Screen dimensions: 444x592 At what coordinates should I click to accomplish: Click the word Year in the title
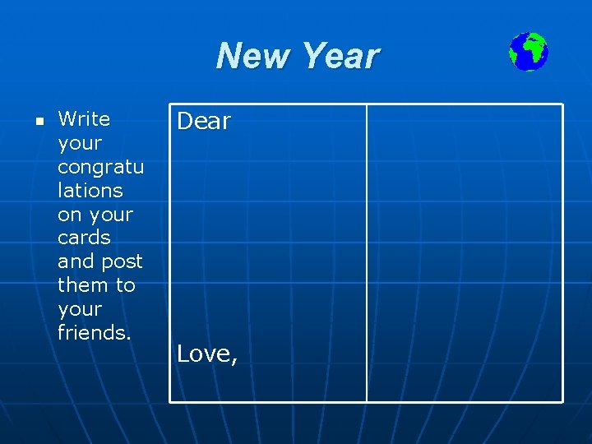coord(340,57)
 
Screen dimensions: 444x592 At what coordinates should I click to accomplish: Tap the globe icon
coord(528,52)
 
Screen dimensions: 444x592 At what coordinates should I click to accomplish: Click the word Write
coord(84,119)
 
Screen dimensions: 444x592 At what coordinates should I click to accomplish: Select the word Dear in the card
coord(204,122)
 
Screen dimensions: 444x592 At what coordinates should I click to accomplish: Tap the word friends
coord(95,333)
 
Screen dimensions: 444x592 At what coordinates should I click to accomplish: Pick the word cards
coord(84,238)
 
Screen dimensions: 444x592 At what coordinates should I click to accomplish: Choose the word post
coord(123,261)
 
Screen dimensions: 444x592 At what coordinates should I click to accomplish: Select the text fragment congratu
coord(100,167)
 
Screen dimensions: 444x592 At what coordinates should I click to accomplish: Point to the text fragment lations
coord(90,190)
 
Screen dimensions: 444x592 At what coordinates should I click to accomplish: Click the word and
coord(75,261)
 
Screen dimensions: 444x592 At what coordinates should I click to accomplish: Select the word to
coord(125,285)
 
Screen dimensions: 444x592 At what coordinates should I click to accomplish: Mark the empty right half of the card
coord(465,253)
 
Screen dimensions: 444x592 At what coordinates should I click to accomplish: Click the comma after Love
coord(235,361)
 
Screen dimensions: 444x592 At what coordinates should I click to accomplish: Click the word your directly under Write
coord(80,143)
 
